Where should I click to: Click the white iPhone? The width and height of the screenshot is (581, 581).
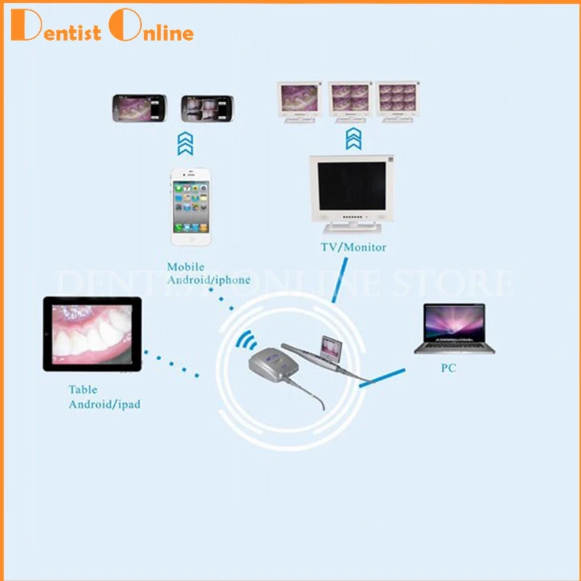click(x=190, y=207)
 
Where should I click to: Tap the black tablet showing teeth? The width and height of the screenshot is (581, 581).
click(x=92, y=334)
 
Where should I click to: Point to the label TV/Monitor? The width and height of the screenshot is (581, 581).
click(x=353, y=248)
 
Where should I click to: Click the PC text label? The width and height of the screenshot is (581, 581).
click(x=448, y=368)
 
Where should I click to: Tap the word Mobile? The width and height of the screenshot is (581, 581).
click(x=185, y=267)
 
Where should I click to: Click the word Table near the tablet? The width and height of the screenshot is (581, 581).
click(x=83, y=390)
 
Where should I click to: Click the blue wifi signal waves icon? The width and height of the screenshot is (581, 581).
click(x=248, y=340)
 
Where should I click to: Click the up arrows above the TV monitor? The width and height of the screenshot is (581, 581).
click(x=352, y=139)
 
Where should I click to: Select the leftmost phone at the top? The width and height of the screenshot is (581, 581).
click(x=139, y=109)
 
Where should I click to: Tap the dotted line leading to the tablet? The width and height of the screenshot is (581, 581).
click(x=171, y=363)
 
